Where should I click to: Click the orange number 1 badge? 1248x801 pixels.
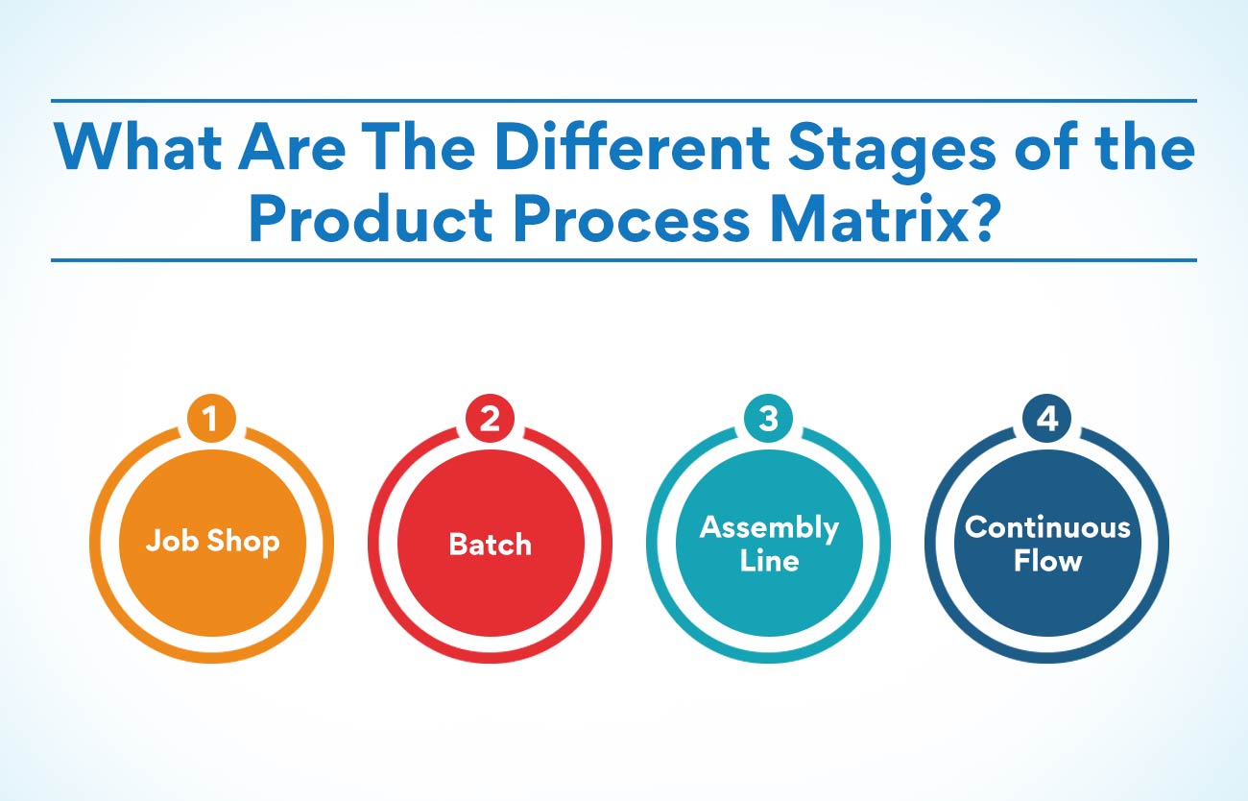tap(212, 418)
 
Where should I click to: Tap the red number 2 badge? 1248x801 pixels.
tap(491, 418)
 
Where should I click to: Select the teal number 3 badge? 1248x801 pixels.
tap(769, 418)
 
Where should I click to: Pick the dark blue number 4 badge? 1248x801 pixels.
tap(1047, 418)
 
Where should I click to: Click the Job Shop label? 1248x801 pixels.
tap(212, 542)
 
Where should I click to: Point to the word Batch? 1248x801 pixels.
tap(491, 544)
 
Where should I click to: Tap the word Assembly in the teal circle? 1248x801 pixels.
tap(769, 528)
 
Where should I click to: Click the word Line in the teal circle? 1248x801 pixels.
tap(769, 560)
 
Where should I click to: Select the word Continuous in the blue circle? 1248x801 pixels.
tap(1047, 527)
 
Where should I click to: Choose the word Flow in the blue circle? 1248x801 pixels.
tap(1047, 560)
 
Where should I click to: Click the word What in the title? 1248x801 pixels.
tap(138, 147)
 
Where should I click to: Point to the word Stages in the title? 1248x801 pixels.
tap(893, 152)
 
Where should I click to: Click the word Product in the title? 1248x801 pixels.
tap(371, 218)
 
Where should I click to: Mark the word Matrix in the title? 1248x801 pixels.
tap(870, 218)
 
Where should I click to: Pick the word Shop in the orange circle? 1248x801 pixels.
tap(244, 542)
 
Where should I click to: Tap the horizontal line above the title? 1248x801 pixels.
tap(624, 101)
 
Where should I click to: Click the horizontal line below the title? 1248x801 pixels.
tap(624, 259)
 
